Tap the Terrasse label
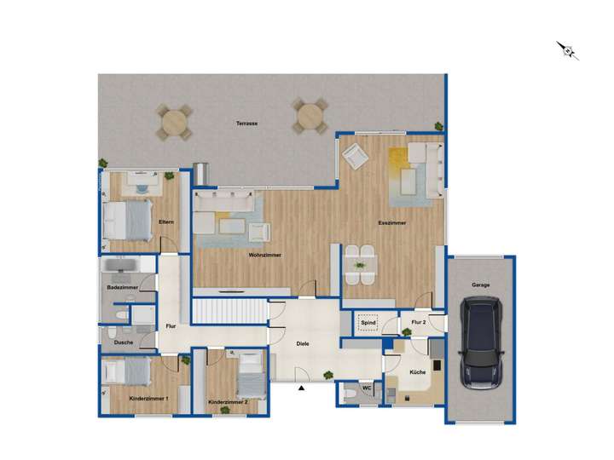tap(247, 124)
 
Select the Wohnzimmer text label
tap(265, 255)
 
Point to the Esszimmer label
tap(392, 223)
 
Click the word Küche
tap(417, 373)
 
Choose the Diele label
tap(302, 343)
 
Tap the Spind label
tap(368, 323)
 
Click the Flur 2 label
tap(418, 323)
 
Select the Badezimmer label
tap(123, 288)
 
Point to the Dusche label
tap(123, 342)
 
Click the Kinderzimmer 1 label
tap(148, 398)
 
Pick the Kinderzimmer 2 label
tap(228, 401)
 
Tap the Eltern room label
tap(166, 222)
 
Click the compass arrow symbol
tap(568, 50)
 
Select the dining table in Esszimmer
tap(360, 264)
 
